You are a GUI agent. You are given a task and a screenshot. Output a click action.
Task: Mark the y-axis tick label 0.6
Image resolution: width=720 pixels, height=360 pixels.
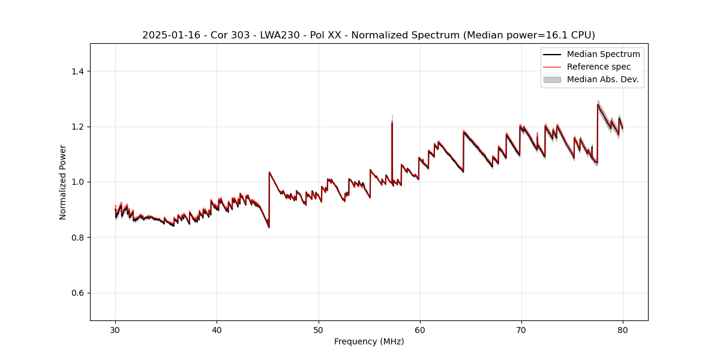77,293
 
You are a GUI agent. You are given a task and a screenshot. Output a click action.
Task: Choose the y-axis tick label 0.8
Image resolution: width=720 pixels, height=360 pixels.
77,238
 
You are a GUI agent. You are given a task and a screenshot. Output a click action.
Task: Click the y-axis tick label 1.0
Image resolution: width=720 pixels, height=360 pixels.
77,182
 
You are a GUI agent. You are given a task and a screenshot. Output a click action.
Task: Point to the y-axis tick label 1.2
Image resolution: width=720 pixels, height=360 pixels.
77,127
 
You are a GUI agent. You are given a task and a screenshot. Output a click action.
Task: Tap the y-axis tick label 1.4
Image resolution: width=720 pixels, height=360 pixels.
77,71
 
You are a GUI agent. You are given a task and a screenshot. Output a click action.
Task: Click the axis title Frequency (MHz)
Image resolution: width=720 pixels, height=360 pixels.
369,341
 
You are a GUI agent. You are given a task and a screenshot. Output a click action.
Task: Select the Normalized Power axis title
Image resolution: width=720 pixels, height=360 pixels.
63,182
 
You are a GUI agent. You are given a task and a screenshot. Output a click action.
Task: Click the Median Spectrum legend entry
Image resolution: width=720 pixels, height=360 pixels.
603,54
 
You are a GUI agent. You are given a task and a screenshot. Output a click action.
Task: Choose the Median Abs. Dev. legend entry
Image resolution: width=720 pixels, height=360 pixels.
602,79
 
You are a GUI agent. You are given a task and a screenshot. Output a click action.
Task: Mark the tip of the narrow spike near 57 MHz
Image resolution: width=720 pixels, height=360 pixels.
392,116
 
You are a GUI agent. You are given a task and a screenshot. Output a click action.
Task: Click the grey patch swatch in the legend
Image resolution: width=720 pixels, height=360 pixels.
552,79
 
